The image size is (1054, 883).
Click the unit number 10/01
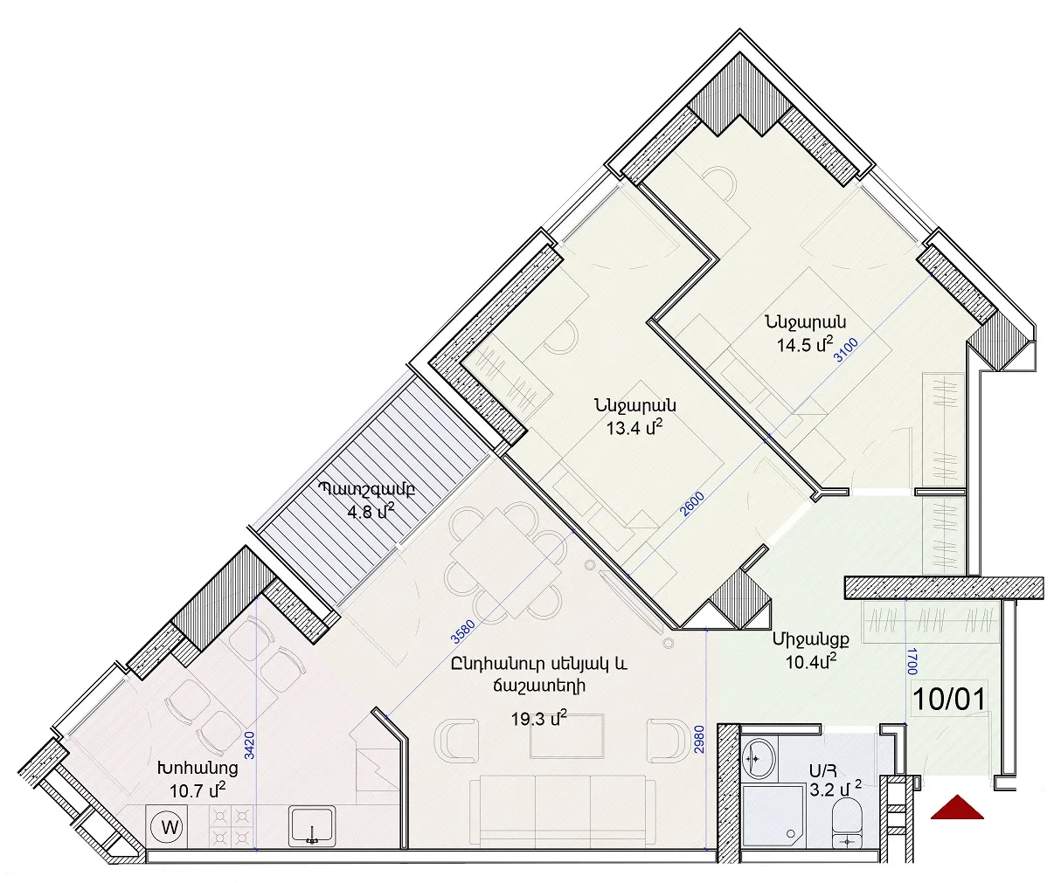[x=949, y=700]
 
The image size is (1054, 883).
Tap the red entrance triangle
[x=958, y=821]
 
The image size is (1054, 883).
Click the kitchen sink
[x=313, y=826]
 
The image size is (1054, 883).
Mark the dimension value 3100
[x=845, y=349]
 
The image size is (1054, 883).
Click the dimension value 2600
[x=691, y=504]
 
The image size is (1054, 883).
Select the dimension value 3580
[x=463, y=631]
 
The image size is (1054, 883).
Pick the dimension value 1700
[x=912, y=661]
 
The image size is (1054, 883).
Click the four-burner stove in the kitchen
[x=231, y=827]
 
